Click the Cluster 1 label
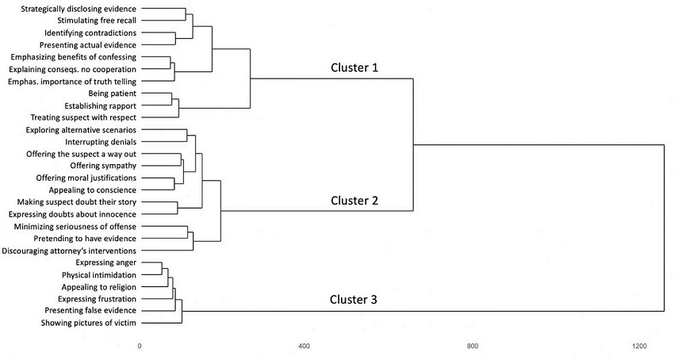(x=354, y=68)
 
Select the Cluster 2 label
(x=354, y=201)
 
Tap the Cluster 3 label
(x=354, y=301)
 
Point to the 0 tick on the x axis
(x=140, y=346)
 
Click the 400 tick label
(x=303, y=346)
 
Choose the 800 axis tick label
(x=473, y=346)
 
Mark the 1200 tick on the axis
(x=640, y=346)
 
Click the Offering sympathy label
(x=103, y=166)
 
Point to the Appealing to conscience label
(x=94, y=190)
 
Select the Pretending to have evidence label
(x=85, y=239)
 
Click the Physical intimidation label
(x=98, y=274)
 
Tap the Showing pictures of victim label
(x=89, y=323)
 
